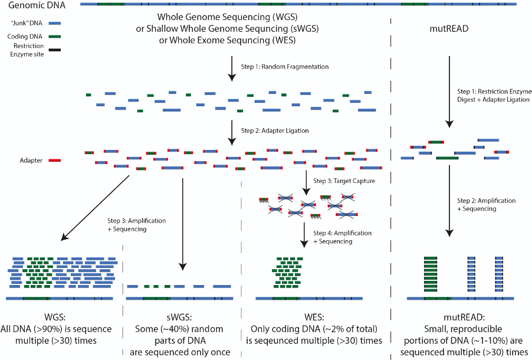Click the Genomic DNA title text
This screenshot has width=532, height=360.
point(33,5)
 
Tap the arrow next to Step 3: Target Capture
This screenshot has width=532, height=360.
point(306,184)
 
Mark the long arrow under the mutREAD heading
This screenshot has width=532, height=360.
point(450,91)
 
